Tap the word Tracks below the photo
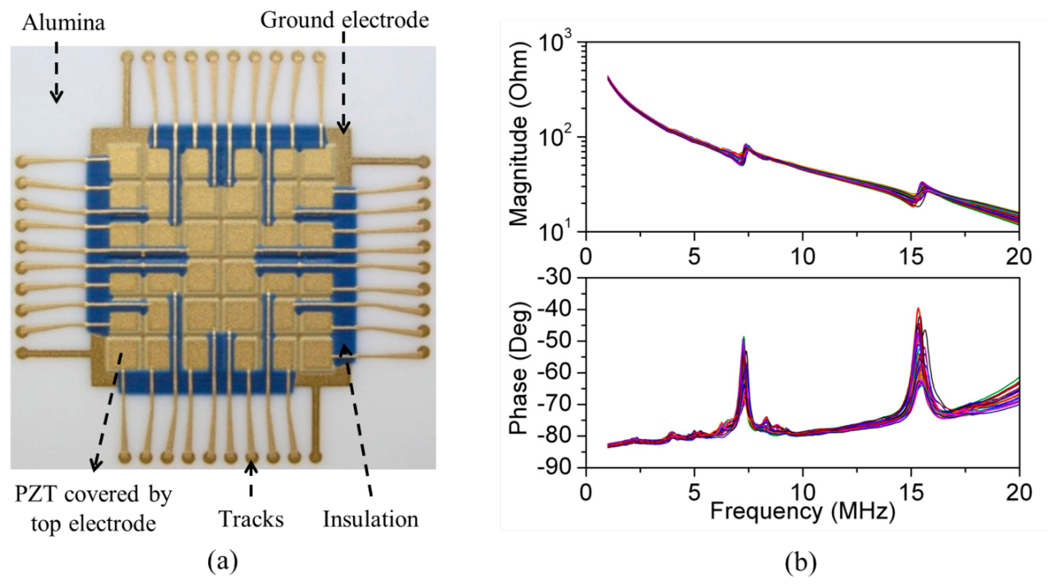[251, 519]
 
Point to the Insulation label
[370, 519]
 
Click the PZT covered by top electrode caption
[94, 508]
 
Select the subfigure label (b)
[800, 562]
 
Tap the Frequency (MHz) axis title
[802, 512]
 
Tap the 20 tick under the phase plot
[1019, 491]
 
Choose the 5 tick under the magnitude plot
[694, 256]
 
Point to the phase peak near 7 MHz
[743, 338]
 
